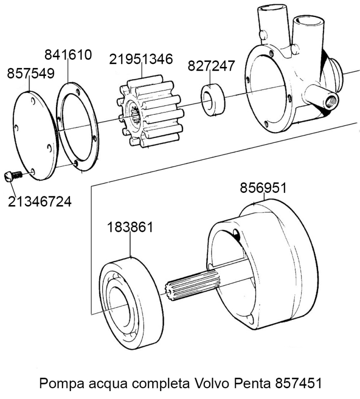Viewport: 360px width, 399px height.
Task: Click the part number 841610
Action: click(x=68, y=55)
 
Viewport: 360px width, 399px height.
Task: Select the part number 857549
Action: click(x=30, y=74)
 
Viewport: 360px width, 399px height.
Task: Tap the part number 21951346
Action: click(x=141, y=59)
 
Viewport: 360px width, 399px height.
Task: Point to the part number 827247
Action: click(x=211, y=66)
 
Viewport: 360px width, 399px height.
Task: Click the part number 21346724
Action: click(x=40, y=202)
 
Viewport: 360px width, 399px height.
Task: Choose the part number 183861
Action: click(x=130, y=227)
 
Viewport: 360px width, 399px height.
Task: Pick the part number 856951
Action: click(x=263, y=188)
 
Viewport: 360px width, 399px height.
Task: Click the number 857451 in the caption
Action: click(x=298, y=384)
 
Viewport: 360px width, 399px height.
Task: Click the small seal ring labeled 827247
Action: click(x=213, y=99)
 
